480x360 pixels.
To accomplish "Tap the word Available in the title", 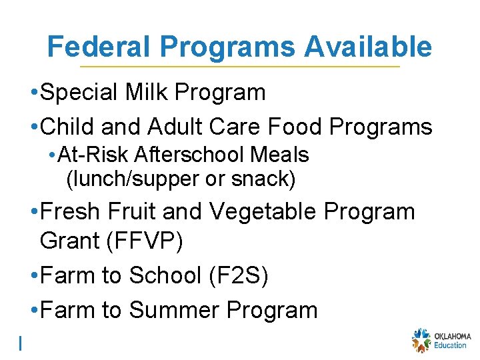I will pos(367,47).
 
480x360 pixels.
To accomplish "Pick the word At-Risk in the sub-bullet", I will pos(93,155).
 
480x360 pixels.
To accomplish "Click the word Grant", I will pos(69,241).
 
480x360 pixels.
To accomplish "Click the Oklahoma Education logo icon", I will pos(421,340).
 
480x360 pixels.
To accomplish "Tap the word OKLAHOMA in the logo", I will pos(452,336).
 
